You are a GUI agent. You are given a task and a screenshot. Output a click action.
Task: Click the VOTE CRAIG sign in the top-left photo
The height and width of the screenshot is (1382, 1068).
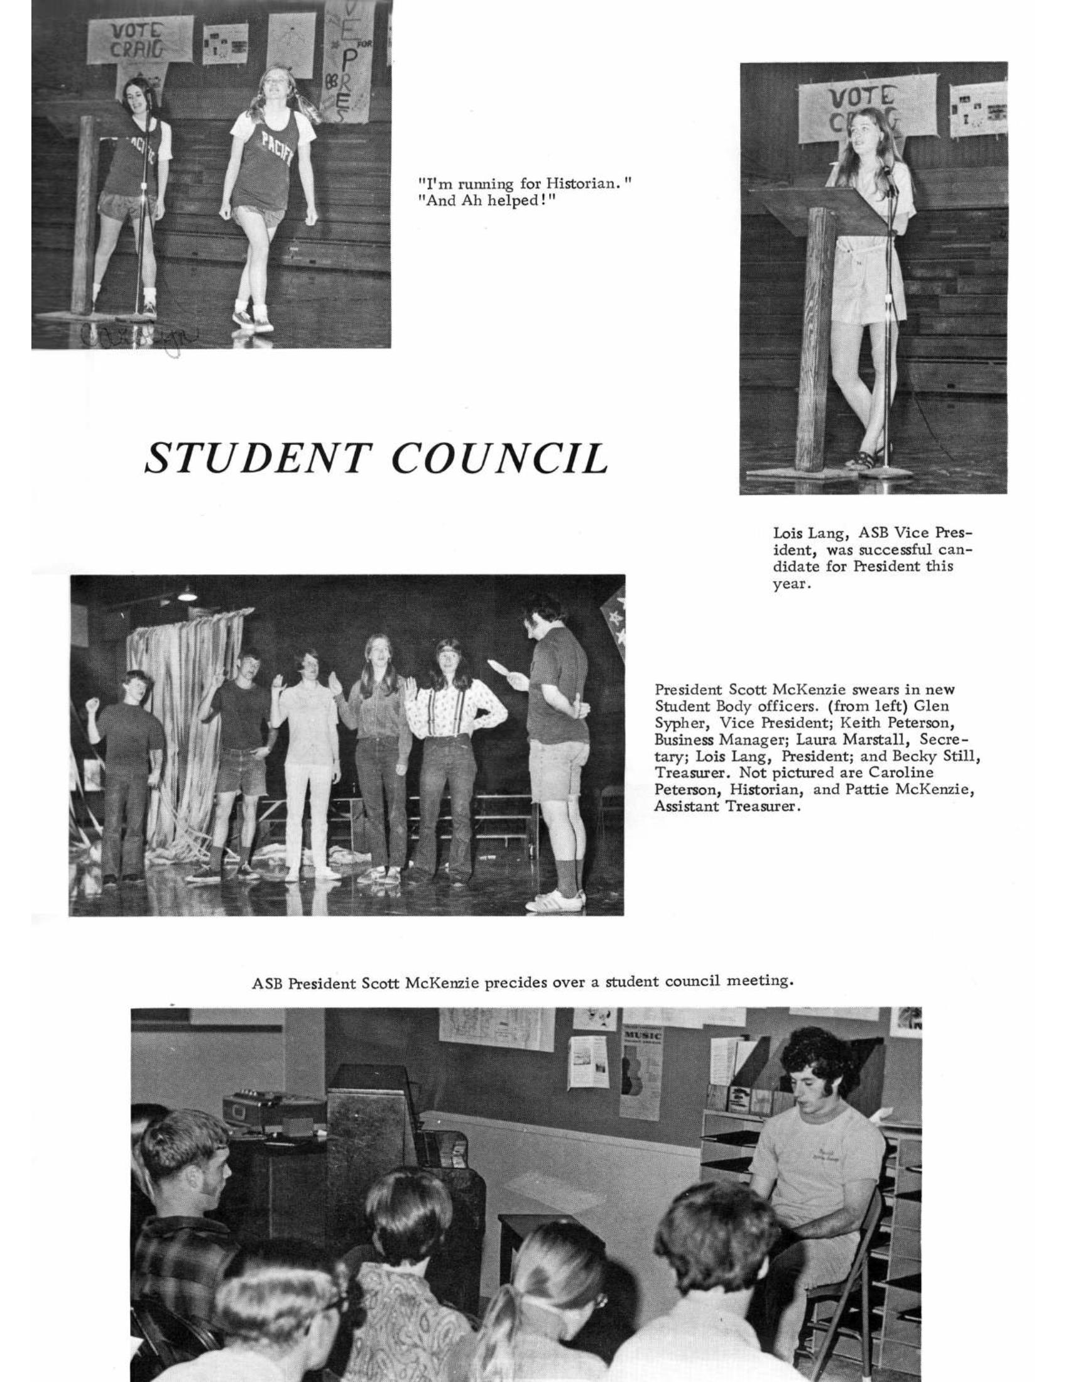pos(139,39)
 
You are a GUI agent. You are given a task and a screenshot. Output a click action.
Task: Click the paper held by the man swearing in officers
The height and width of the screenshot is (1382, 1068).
pos(503,668)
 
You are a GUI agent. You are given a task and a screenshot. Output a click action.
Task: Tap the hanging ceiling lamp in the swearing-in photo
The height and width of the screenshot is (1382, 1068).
pos(187,593)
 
